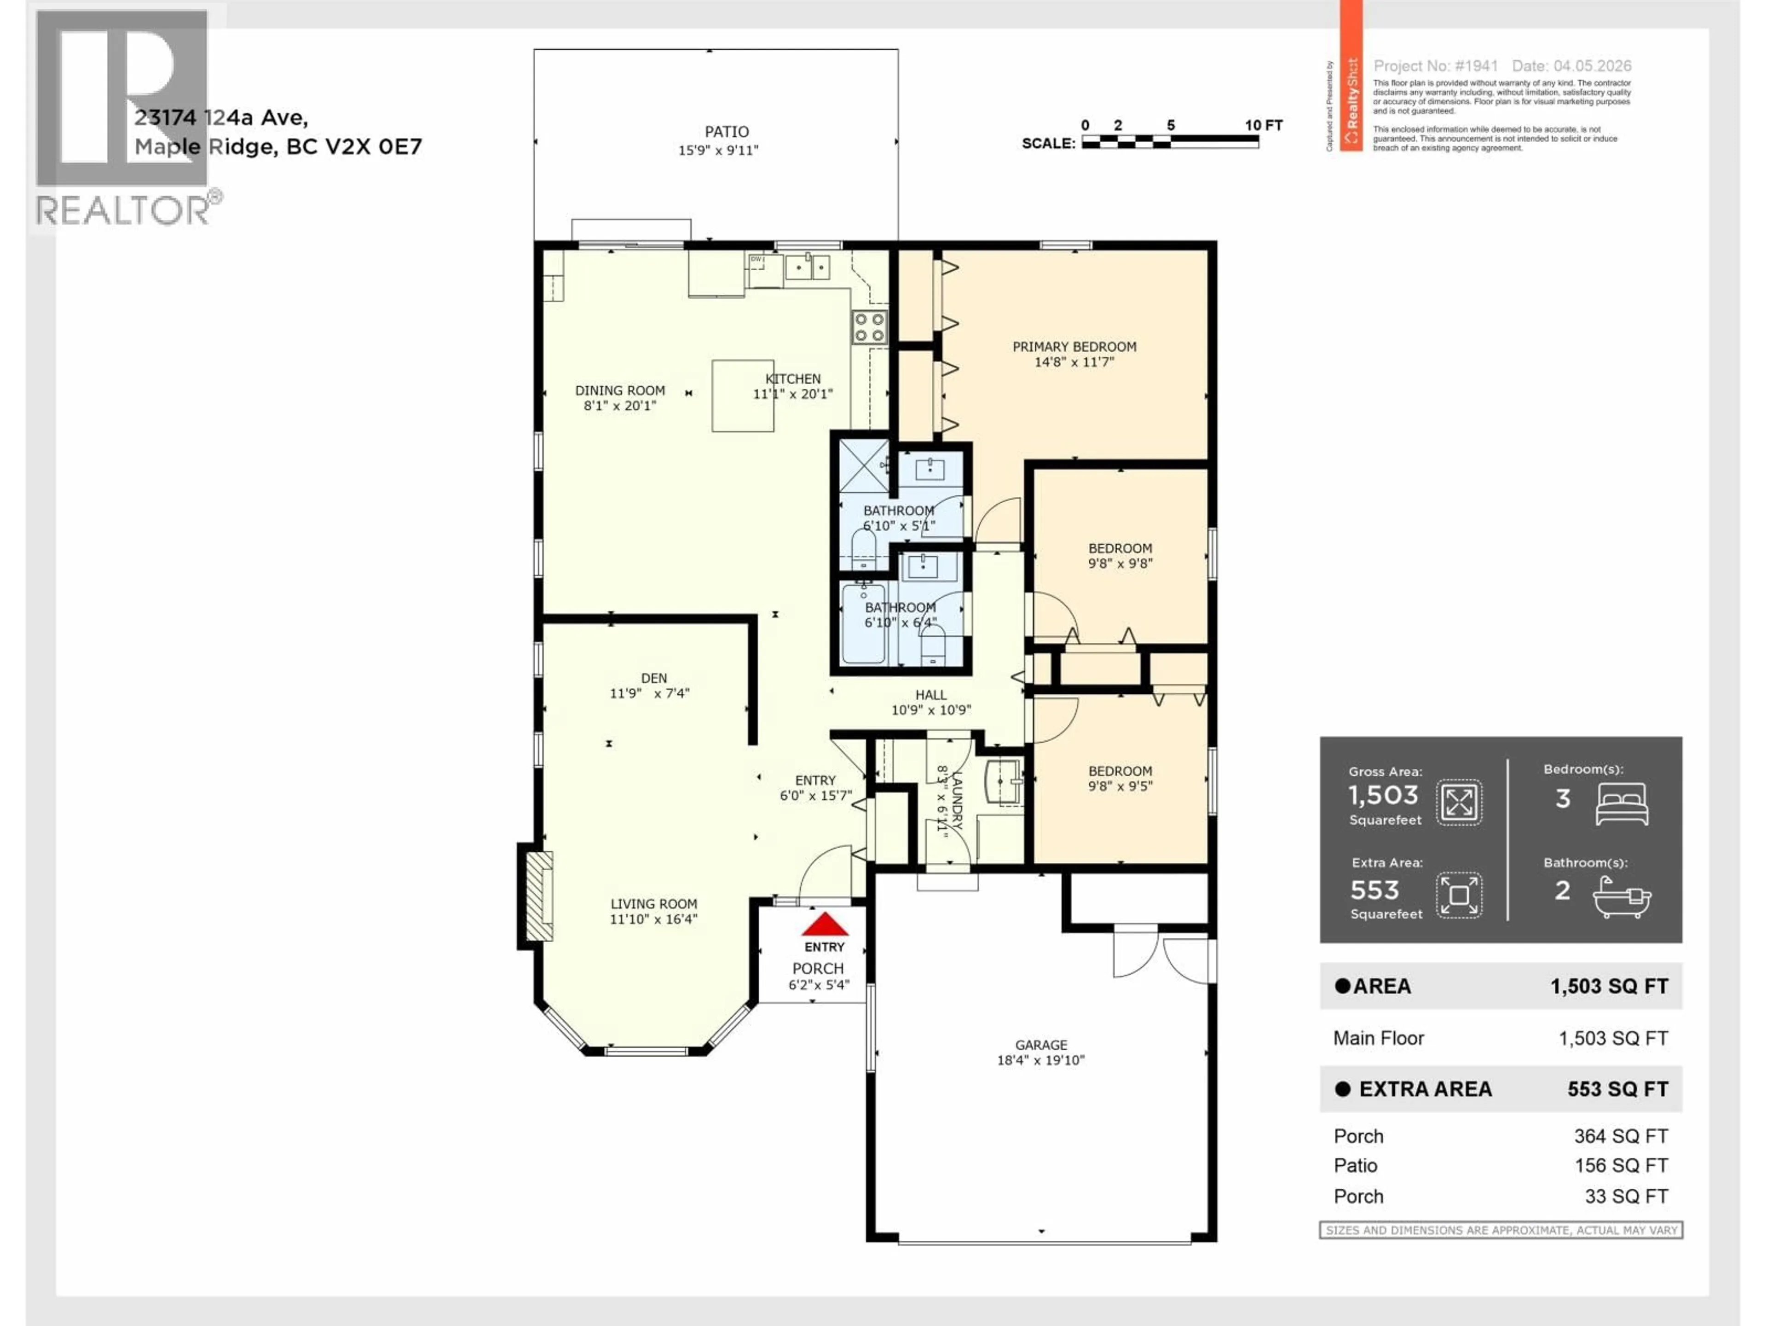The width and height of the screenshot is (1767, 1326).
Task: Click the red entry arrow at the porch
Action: pos(825,925)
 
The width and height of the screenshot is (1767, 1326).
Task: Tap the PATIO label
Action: pos(726,132)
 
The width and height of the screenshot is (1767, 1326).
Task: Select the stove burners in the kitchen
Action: pos(869,327)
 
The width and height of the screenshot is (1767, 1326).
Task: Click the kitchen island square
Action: pos(742,395)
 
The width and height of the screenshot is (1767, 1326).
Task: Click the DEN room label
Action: pos(653,678)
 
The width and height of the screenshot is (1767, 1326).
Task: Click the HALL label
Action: pos(930,695)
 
